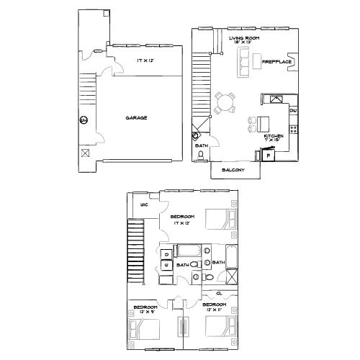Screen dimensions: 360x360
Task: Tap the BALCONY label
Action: click(235, 170)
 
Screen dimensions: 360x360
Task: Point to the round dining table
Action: click(225, 102)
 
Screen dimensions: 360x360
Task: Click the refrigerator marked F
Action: click(269, 156)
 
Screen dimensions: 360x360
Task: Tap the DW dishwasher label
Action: click(293, 111)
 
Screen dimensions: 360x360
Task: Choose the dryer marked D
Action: click(166, 253)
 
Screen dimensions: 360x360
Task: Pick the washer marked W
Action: click(166, 266)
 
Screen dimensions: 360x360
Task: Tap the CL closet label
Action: click(218, 294)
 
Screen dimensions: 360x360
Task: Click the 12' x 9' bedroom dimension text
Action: click(144, 312)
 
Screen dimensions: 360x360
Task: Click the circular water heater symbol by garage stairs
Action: click(83, 120)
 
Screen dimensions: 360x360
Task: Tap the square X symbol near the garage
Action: click(86, 153)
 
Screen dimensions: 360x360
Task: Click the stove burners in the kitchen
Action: click(293, 130)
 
